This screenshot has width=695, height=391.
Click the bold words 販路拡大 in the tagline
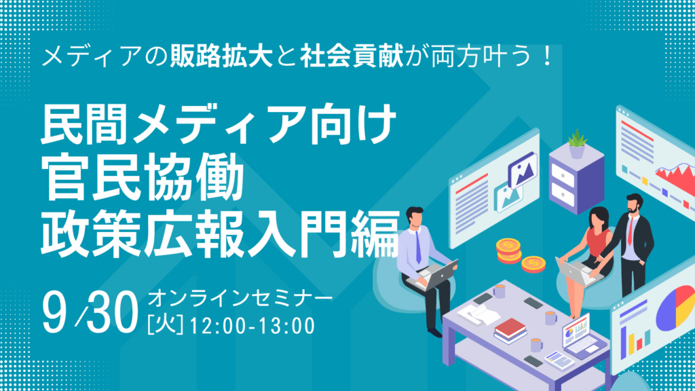tap(221, 57)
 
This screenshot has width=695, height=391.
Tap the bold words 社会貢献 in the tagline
tap(352, 57)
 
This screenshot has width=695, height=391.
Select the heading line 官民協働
tap(143, 179)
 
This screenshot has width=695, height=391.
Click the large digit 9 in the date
tap(54, 312)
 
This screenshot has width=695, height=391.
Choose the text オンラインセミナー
tap(240, 299)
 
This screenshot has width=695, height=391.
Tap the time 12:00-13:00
tap(252, 326)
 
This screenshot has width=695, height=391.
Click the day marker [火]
tap(166, 325)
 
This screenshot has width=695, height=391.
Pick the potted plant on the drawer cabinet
tap(577, 144)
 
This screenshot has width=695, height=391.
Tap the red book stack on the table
tap(510, 331)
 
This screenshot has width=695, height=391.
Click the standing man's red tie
tap(631, 231)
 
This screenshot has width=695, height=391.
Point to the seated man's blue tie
tap(418, 247)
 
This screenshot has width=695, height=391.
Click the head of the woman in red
tap(599, 217)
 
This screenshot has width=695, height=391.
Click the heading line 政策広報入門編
tap(221, 234)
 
